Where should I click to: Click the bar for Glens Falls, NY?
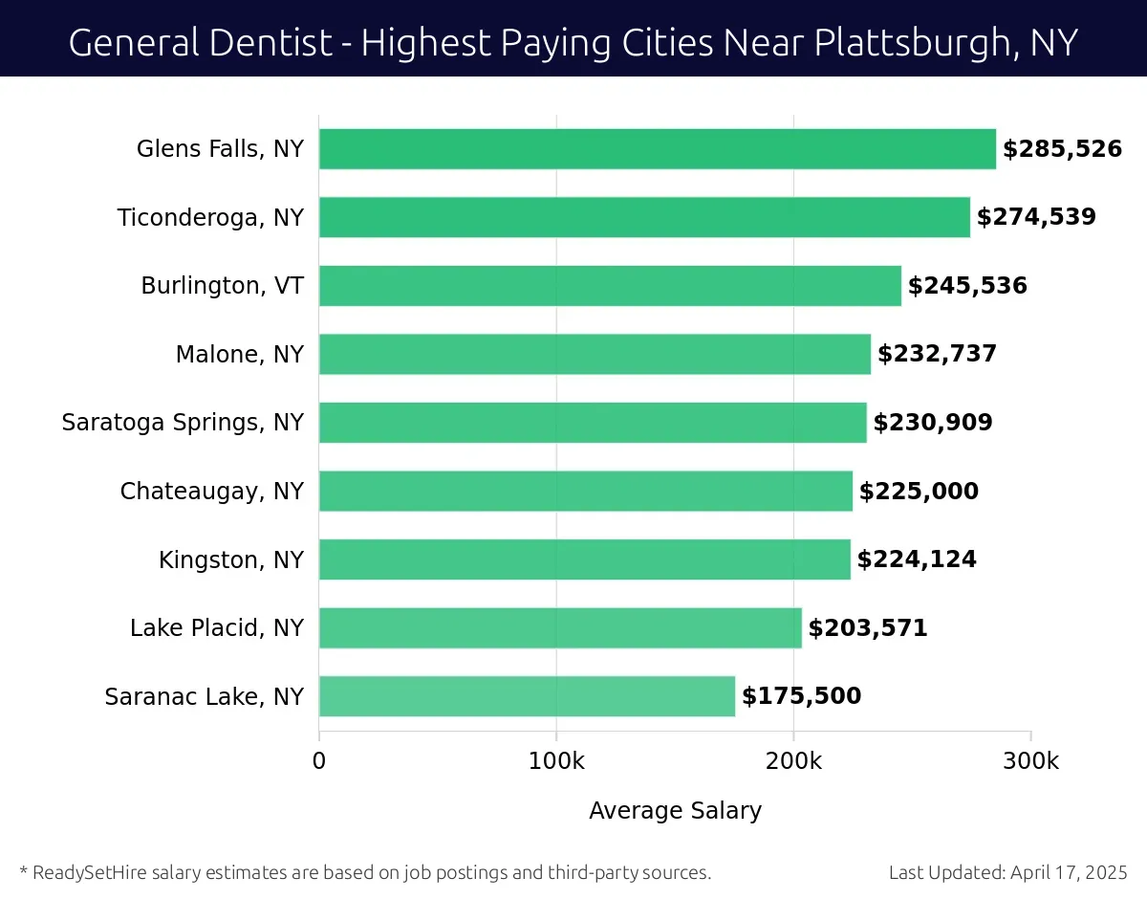point(657,149)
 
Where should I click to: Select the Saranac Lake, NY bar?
point(527,696)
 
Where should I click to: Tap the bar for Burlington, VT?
point(610,286)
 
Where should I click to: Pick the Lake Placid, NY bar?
point(560,628)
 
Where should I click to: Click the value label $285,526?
point(1062,149)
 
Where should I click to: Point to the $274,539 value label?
point(1036,217)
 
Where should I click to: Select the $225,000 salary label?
point(919,492)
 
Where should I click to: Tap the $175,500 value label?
point(801,696)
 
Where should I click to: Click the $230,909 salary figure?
point(933,423)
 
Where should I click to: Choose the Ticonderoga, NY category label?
point(210,218)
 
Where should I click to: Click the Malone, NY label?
point(239,355)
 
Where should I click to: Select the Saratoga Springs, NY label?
point(183,423)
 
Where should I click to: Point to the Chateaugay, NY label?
point(211,492)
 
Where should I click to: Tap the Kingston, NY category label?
point(231,559)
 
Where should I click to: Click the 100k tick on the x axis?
point(556,761)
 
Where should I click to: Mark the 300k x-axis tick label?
point(1029,761)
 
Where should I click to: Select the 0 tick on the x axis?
point(319,761)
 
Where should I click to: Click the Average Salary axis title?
point(675,811)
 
